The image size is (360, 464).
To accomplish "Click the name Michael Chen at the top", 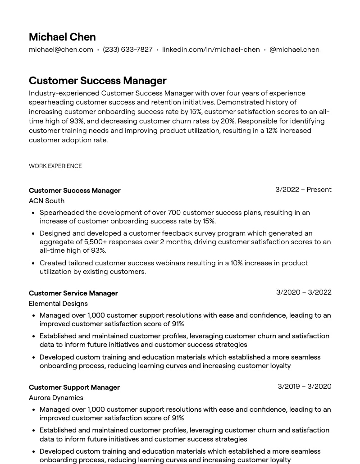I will (x=62, y=37).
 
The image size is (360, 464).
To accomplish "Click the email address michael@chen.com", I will (x=61, y=50).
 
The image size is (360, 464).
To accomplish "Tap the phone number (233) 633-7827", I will (x=128, y=50).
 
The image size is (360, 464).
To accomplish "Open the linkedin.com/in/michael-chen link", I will (x=211, y=50).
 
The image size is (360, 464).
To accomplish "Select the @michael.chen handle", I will (x=294, y=50).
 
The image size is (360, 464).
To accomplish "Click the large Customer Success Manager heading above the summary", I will (x=97, y=81).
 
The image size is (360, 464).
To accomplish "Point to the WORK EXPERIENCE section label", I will (x=55, y=166).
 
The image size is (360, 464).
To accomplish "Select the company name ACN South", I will (x=46, y=201).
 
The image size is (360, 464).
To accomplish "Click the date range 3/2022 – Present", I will (x=303, y=190).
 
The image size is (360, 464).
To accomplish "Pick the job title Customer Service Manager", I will (x=73, y=293).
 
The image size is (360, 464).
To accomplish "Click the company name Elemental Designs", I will (x=58, y=304).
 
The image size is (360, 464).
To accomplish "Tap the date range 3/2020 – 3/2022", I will (x=304, y=292).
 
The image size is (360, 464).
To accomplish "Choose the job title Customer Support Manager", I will (x=74, y=387).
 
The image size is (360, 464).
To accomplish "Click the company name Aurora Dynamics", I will (x=56, y=398).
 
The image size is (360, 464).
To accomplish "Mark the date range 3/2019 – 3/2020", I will (x=304, y=387).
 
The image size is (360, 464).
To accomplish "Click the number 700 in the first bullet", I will (x=174, y=213).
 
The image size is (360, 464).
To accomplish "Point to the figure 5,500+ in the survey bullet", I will (x=95, y=242).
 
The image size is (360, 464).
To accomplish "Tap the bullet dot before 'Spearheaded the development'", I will (x=33, y=213).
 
